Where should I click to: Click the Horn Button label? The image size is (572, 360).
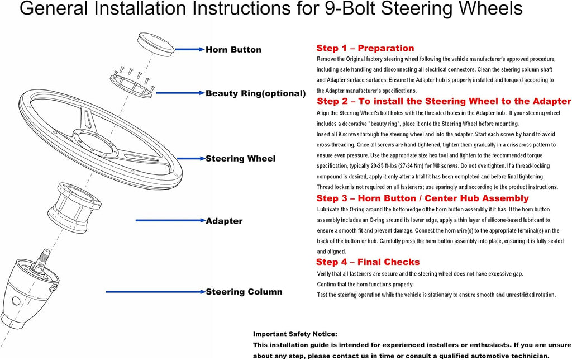(x=233, y=50)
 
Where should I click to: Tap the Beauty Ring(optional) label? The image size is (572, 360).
(x=255, y=93)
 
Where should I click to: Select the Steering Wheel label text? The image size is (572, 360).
(x=240, y=159)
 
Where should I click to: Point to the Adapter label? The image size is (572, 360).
(x=224, y=221)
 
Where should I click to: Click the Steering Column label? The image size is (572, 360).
(x=244, y=292)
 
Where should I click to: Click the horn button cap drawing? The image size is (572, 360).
(x=156, y=44)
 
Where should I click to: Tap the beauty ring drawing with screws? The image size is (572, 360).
(x=132, y=83)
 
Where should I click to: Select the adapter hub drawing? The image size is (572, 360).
(x=74, y=207)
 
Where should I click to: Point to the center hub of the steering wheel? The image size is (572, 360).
(x=95, y=143)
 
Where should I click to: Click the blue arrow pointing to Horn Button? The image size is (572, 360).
(x=190, y=49)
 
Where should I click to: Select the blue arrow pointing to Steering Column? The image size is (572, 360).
(x=156, y=292)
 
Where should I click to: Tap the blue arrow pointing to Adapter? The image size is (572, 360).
(x=171, y=220)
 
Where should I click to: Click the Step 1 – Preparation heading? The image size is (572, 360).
(x=365, y=48)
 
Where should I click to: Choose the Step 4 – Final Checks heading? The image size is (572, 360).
(x=368, y=262)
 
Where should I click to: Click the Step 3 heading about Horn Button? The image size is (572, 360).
(x=422, y=198)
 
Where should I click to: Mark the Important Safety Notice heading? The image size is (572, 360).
(x=295, y=334)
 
